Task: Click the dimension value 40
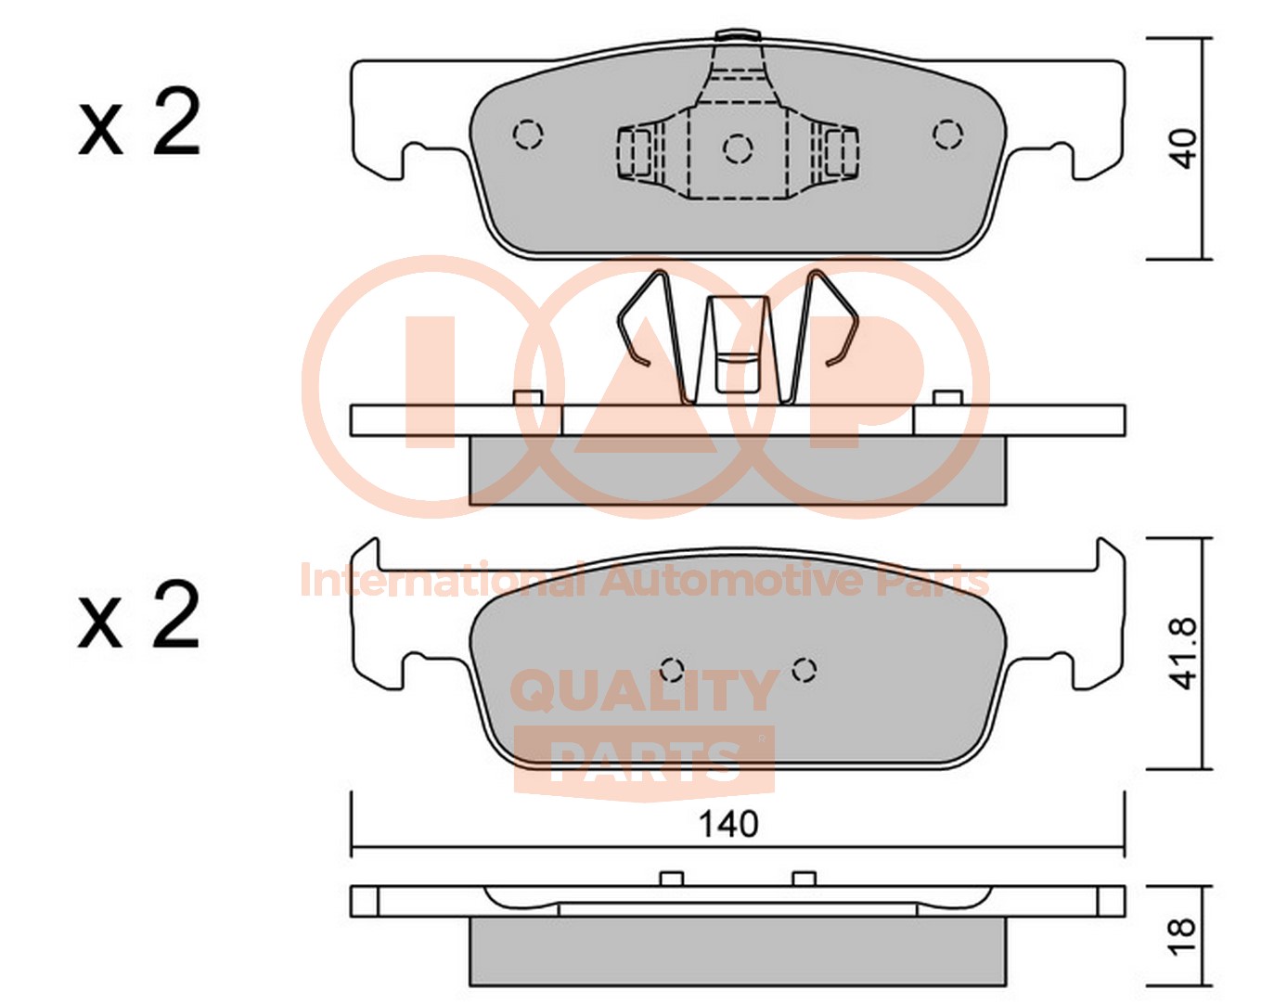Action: (1182, 148)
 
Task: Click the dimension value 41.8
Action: (1183, 653)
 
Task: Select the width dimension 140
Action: (727, 824)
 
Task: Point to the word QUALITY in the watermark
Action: (644, 690)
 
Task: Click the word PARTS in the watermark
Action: (644, 761)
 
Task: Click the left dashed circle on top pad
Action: (528, 135)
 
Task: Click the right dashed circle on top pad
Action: (947, 135)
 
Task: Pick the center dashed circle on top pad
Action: (738, 148)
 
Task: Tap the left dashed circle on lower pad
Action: (672, 669)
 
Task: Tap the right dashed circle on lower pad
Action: (804, 669)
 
